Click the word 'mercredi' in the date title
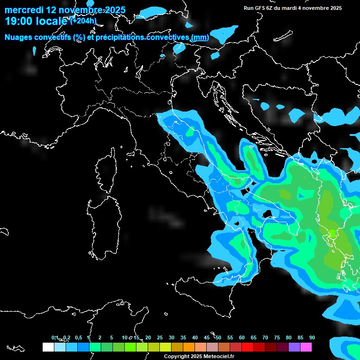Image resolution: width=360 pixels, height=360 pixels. pos(23,10)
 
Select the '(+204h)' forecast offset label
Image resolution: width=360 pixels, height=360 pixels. pos(83,21)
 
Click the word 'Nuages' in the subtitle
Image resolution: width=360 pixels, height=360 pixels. pos(19,37)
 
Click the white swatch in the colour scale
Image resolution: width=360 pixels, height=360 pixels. pos(48,347)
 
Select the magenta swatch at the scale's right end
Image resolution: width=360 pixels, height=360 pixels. pos(306,347)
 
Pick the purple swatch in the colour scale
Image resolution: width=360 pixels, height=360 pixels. pos(294,347)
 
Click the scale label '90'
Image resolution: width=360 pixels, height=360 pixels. pos(312,337)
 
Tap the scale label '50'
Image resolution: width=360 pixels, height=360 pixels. pos(218,337)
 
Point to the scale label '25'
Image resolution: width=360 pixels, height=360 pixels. pos(160,337)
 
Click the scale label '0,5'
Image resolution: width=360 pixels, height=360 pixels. pos(78,337)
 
